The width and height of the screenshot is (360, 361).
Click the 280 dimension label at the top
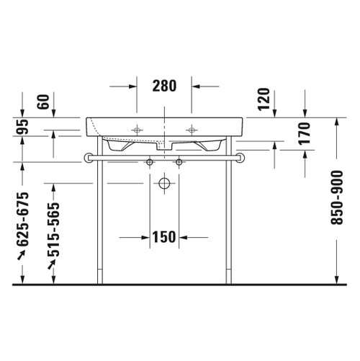(x=164, y=86)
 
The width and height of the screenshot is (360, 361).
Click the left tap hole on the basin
(x=136, y=130)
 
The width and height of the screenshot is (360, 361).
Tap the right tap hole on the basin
(x=192, y=130)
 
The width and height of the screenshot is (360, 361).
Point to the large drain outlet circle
(x=163, y=183)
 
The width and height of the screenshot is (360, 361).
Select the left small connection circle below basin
(x=150, y=163)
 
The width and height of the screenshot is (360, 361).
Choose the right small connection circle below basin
(x=178, y=163)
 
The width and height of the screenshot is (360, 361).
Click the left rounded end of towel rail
(x=86, y=157)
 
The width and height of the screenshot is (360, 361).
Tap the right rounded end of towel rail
(x=241, y=157)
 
